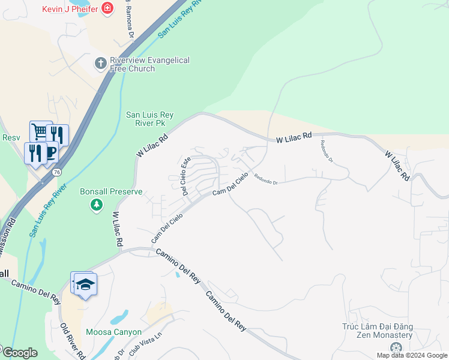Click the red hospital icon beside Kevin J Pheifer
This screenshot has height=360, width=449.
(x=107, y=8)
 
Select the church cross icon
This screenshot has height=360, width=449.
(x=100, y=62)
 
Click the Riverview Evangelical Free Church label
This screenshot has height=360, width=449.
(x=149, y=64)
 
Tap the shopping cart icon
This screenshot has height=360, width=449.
(x=40, y=131)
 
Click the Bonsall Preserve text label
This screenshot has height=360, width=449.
(x=111, y=192)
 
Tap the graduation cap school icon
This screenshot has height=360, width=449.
(x=85, y=284)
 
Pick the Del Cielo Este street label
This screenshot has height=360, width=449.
(x=186, y=176)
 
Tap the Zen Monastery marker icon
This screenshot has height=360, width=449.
(x=396, y=348)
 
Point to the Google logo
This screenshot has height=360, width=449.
(x=19, y=353)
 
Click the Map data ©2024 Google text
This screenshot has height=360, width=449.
(x=412, y=355)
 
